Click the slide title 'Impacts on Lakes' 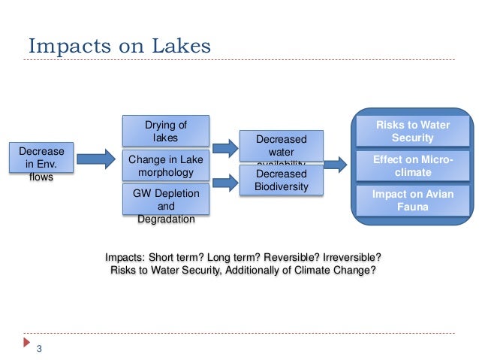120,45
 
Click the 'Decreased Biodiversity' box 281,180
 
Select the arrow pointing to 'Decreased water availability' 222,147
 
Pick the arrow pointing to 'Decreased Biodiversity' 222,180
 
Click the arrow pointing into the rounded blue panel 336,163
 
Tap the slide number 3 39,347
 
